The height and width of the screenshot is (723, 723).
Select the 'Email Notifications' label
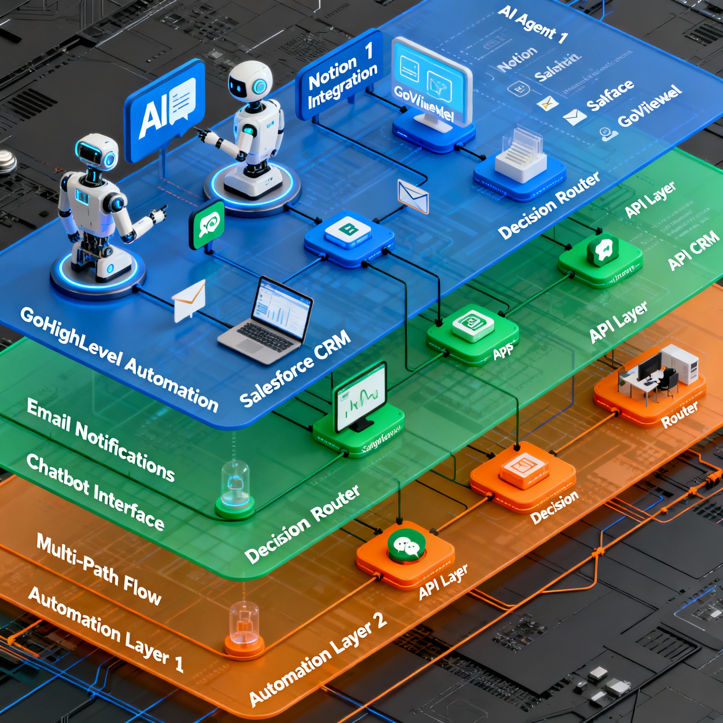(x=101, y=440)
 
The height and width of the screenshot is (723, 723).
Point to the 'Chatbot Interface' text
(x=95, y=492)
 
